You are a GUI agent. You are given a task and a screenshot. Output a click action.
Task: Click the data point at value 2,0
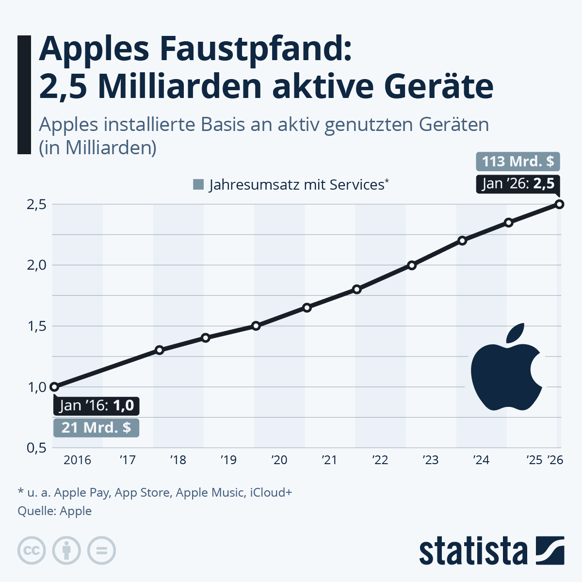[412, 265]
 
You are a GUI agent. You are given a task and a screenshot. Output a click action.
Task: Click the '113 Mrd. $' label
[517, 161]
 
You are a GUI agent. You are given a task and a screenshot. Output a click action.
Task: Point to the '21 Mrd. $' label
[96, 427]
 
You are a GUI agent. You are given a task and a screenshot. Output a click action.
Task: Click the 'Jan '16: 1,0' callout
[97, 405]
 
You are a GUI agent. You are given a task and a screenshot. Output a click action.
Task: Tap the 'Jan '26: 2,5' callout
[517, 183]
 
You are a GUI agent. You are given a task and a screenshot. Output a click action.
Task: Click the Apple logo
[507, 367]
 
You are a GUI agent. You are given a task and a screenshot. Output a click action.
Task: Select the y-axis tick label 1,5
[36, 326]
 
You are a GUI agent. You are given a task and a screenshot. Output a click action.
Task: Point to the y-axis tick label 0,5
[36, 447]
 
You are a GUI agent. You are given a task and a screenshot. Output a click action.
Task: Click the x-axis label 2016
[77, 460]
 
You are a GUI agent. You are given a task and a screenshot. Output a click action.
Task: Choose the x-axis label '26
[555, 460]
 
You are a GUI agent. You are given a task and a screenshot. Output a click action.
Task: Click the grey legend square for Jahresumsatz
[198, 185]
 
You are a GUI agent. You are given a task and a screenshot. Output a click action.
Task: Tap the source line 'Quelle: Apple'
[54, 511]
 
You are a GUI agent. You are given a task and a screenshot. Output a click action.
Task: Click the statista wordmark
[473, 551]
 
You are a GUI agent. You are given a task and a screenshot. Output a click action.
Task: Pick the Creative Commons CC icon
[32, 550]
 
